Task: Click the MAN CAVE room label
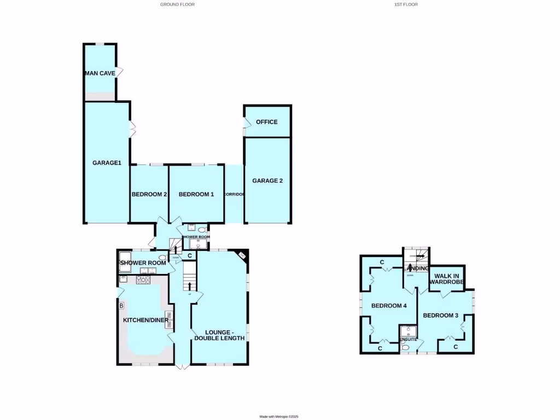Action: click(x=100, y=73)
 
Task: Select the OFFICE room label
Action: click(x=267, y=122)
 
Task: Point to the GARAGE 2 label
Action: click(x=267, y=181)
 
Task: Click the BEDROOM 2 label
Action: click(x=149, y=195)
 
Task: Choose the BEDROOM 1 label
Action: click(x=196, y=195)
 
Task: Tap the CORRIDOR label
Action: click(x=234, y=195)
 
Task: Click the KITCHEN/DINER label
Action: click(x=145, y=320)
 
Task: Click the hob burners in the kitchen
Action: click(x=143, y=280)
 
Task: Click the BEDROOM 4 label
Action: click(x=389, y=306)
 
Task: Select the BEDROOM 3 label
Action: click(x=440, y=316)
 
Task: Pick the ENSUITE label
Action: click(x=409, y=340)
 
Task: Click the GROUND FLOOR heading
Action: click(x=177, y=4)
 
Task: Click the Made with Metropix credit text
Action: click(x=279, y=417)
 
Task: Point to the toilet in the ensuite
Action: click(x=405, y=347)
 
